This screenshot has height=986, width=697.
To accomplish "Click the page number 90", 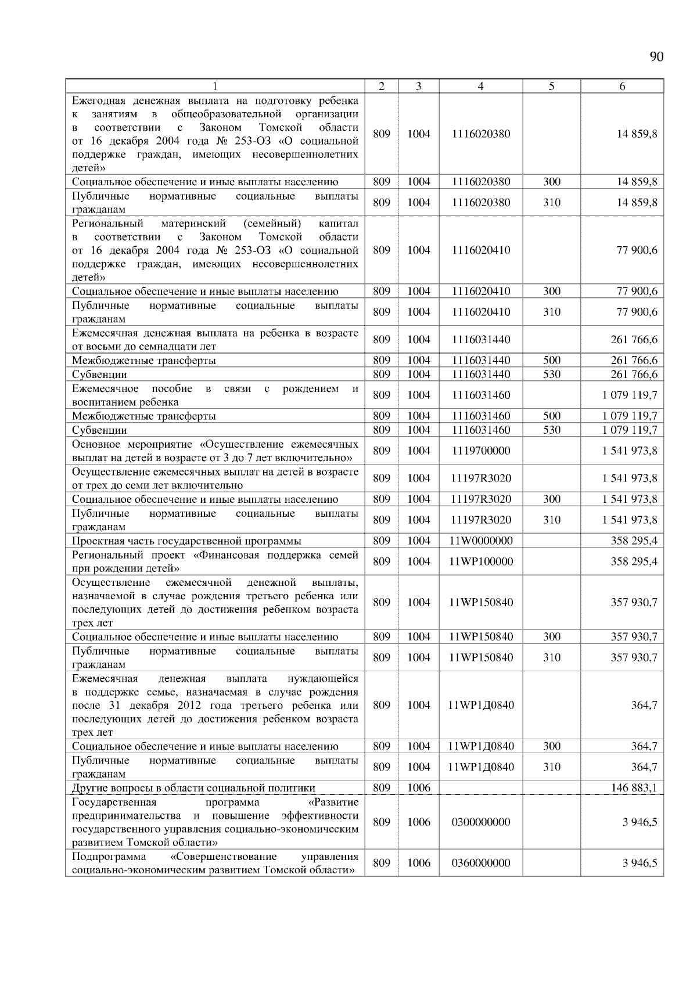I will (x=656, y=56).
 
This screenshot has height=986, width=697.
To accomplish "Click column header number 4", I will (x=480, y=86).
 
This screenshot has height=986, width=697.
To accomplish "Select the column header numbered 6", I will (x=622, y=86).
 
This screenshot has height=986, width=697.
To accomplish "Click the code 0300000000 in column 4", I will (x=480, y=822).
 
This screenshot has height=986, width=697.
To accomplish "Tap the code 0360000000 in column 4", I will (x=480, y=863).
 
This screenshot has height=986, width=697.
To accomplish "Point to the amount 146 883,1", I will (x=634, y=787).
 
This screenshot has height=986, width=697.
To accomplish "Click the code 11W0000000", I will (x=480, y=541).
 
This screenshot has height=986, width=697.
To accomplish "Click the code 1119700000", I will (x=480, y=451).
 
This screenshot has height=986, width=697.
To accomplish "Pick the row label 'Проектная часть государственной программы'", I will (x=186, y=541).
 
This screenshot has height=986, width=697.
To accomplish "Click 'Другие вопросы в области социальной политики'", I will (x=193, y=787).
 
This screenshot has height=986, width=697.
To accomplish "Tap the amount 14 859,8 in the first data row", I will (x=637, y=134).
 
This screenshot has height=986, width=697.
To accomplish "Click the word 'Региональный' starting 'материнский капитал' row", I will (x=107, y=224).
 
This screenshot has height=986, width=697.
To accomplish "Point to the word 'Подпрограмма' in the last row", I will (x=109, y=857).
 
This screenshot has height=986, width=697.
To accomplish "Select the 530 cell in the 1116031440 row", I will (x=551, y=374).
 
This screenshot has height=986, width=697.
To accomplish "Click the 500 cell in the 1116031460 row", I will (x=551, y=416).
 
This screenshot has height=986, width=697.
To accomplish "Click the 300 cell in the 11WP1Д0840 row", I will (x=551, y=746).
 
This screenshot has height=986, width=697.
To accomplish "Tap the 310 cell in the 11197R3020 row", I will (x=551, y=520).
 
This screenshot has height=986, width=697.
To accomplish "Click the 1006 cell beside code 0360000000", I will (x=418, y=863).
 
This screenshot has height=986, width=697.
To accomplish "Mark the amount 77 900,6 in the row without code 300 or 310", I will (x=637, y=250).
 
